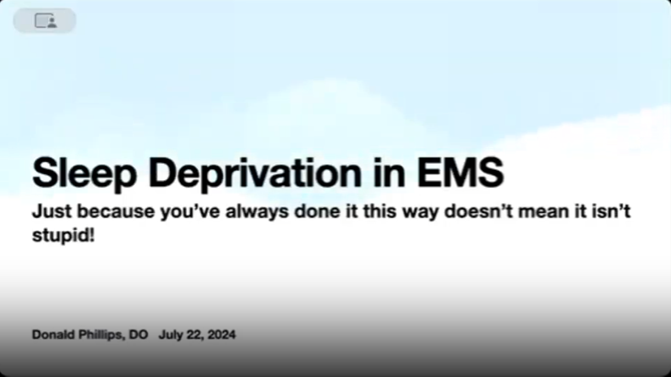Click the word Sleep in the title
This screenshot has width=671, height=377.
point(85,174)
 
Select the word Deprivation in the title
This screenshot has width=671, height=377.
point(255,173)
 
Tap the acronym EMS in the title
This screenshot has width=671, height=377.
point(460,172)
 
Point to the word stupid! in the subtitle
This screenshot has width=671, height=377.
point(63,235)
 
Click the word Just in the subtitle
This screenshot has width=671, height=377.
point(52,211)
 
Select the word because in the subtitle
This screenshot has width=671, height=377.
point(116,211)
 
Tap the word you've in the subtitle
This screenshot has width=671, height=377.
point(190,212)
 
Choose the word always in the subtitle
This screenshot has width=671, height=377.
point(257,212)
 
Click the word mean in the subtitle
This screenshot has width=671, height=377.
point(543,212)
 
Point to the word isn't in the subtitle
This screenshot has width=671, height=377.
point(612,211)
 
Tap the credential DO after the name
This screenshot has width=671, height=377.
point(139,335)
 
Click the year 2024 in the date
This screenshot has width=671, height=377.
point(221,335)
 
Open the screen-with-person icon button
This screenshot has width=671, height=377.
point(45,20)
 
